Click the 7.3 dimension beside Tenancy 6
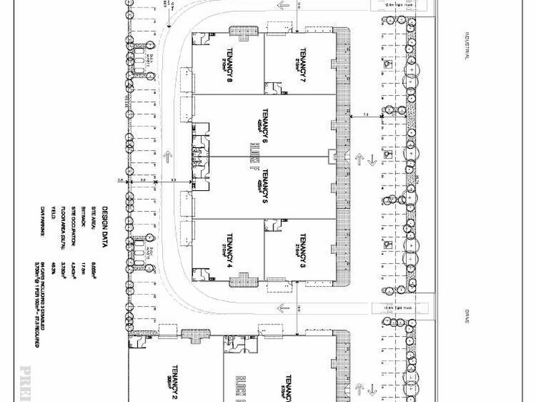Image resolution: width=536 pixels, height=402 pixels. click(x=366, y=115)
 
